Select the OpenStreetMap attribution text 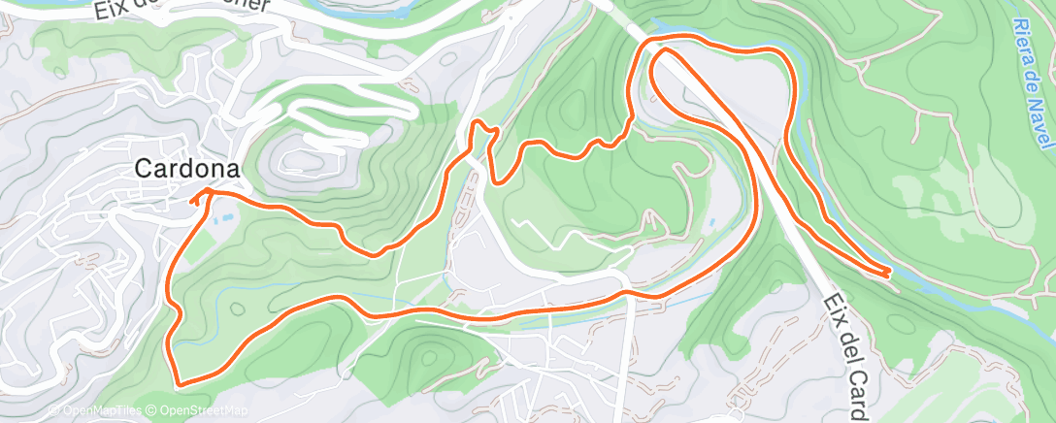tap(202, 410)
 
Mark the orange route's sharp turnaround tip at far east tap(889, 275)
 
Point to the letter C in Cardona tap(143, 168)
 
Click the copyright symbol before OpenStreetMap tap(153, 410)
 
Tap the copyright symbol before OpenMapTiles tap(53, 410)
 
